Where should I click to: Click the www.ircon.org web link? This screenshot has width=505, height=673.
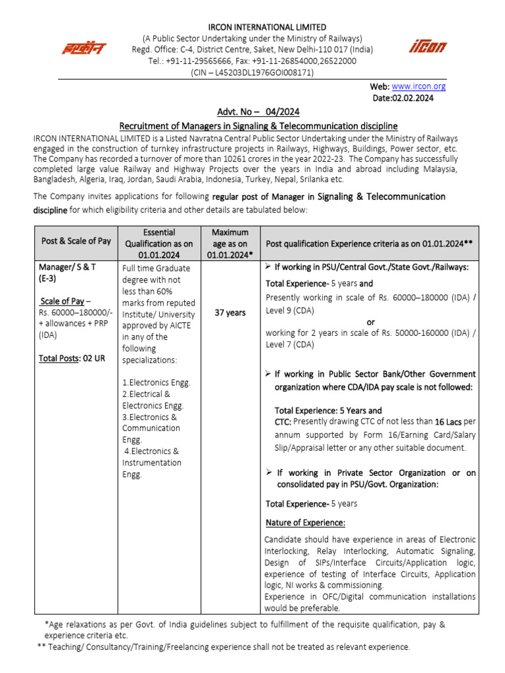418,86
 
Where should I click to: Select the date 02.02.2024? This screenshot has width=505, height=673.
403,98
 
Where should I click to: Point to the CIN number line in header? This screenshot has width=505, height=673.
252,72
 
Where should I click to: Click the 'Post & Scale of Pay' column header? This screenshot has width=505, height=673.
76,241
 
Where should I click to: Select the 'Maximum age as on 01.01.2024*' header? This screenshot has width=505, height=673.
229,243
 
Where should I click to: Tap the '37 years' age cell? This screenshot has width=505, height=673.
229,313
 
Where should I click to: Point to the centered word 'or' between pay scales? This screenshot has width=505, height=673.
370,322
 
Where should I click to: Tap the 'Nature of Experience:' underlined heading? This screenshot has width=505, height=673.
305,522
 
